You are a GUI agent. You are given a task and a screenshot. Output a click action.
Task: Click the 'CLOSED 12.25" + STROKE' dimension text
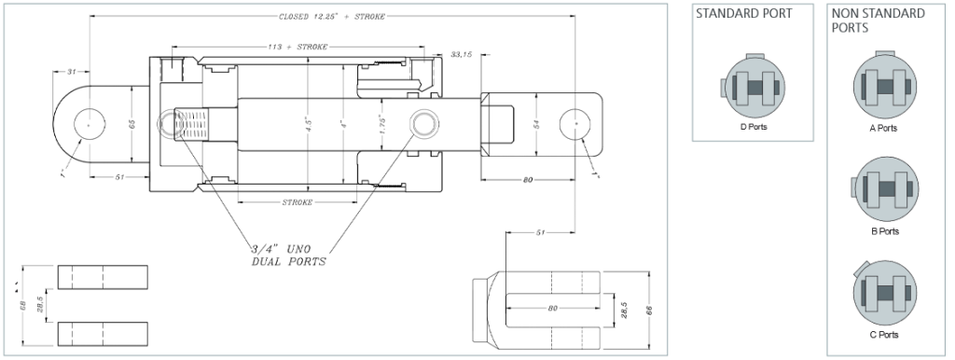tap(332, 17)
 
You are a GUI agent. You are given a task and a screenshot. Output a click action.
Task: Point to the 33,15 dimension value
tap(462, 55)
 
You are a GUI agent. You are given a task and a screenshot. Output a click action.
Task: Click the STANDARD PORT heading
tap(744, 14)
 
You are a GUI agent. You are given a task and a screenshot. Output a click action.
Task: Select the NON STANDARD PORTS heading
tap(878, 21)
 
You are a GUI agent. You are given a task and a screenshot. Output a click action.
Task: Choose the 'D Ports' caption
tap(753, 127)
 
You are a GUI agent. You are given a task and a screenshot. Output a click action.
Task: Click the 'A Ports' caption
tap(883, 128)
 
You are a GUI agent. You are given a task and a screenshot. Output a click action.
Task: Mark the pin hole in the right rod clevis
tap(577, 124)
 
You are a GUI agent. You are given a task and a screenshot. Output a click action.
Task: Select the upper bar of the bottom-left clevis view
tap(103, 277)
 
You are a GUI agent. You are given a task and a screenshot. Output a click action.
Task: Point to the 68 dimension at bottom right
tap(648, 308)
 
